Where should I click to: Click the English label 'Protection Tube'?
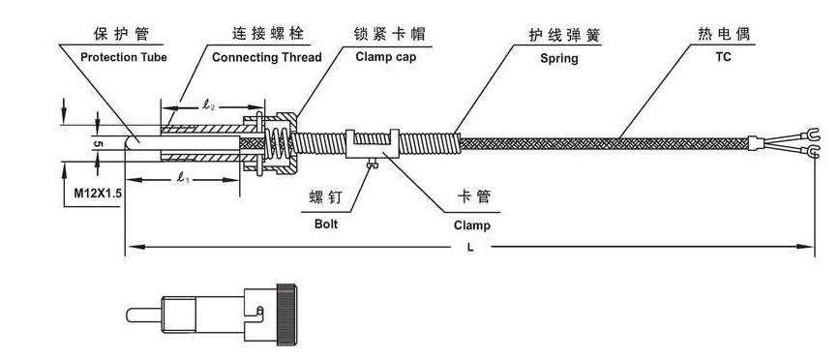tap(123, 58)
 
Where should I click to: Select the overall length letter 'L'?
tap(469, 249)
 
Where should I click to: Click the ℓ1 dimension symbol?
tap(181, 178)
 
